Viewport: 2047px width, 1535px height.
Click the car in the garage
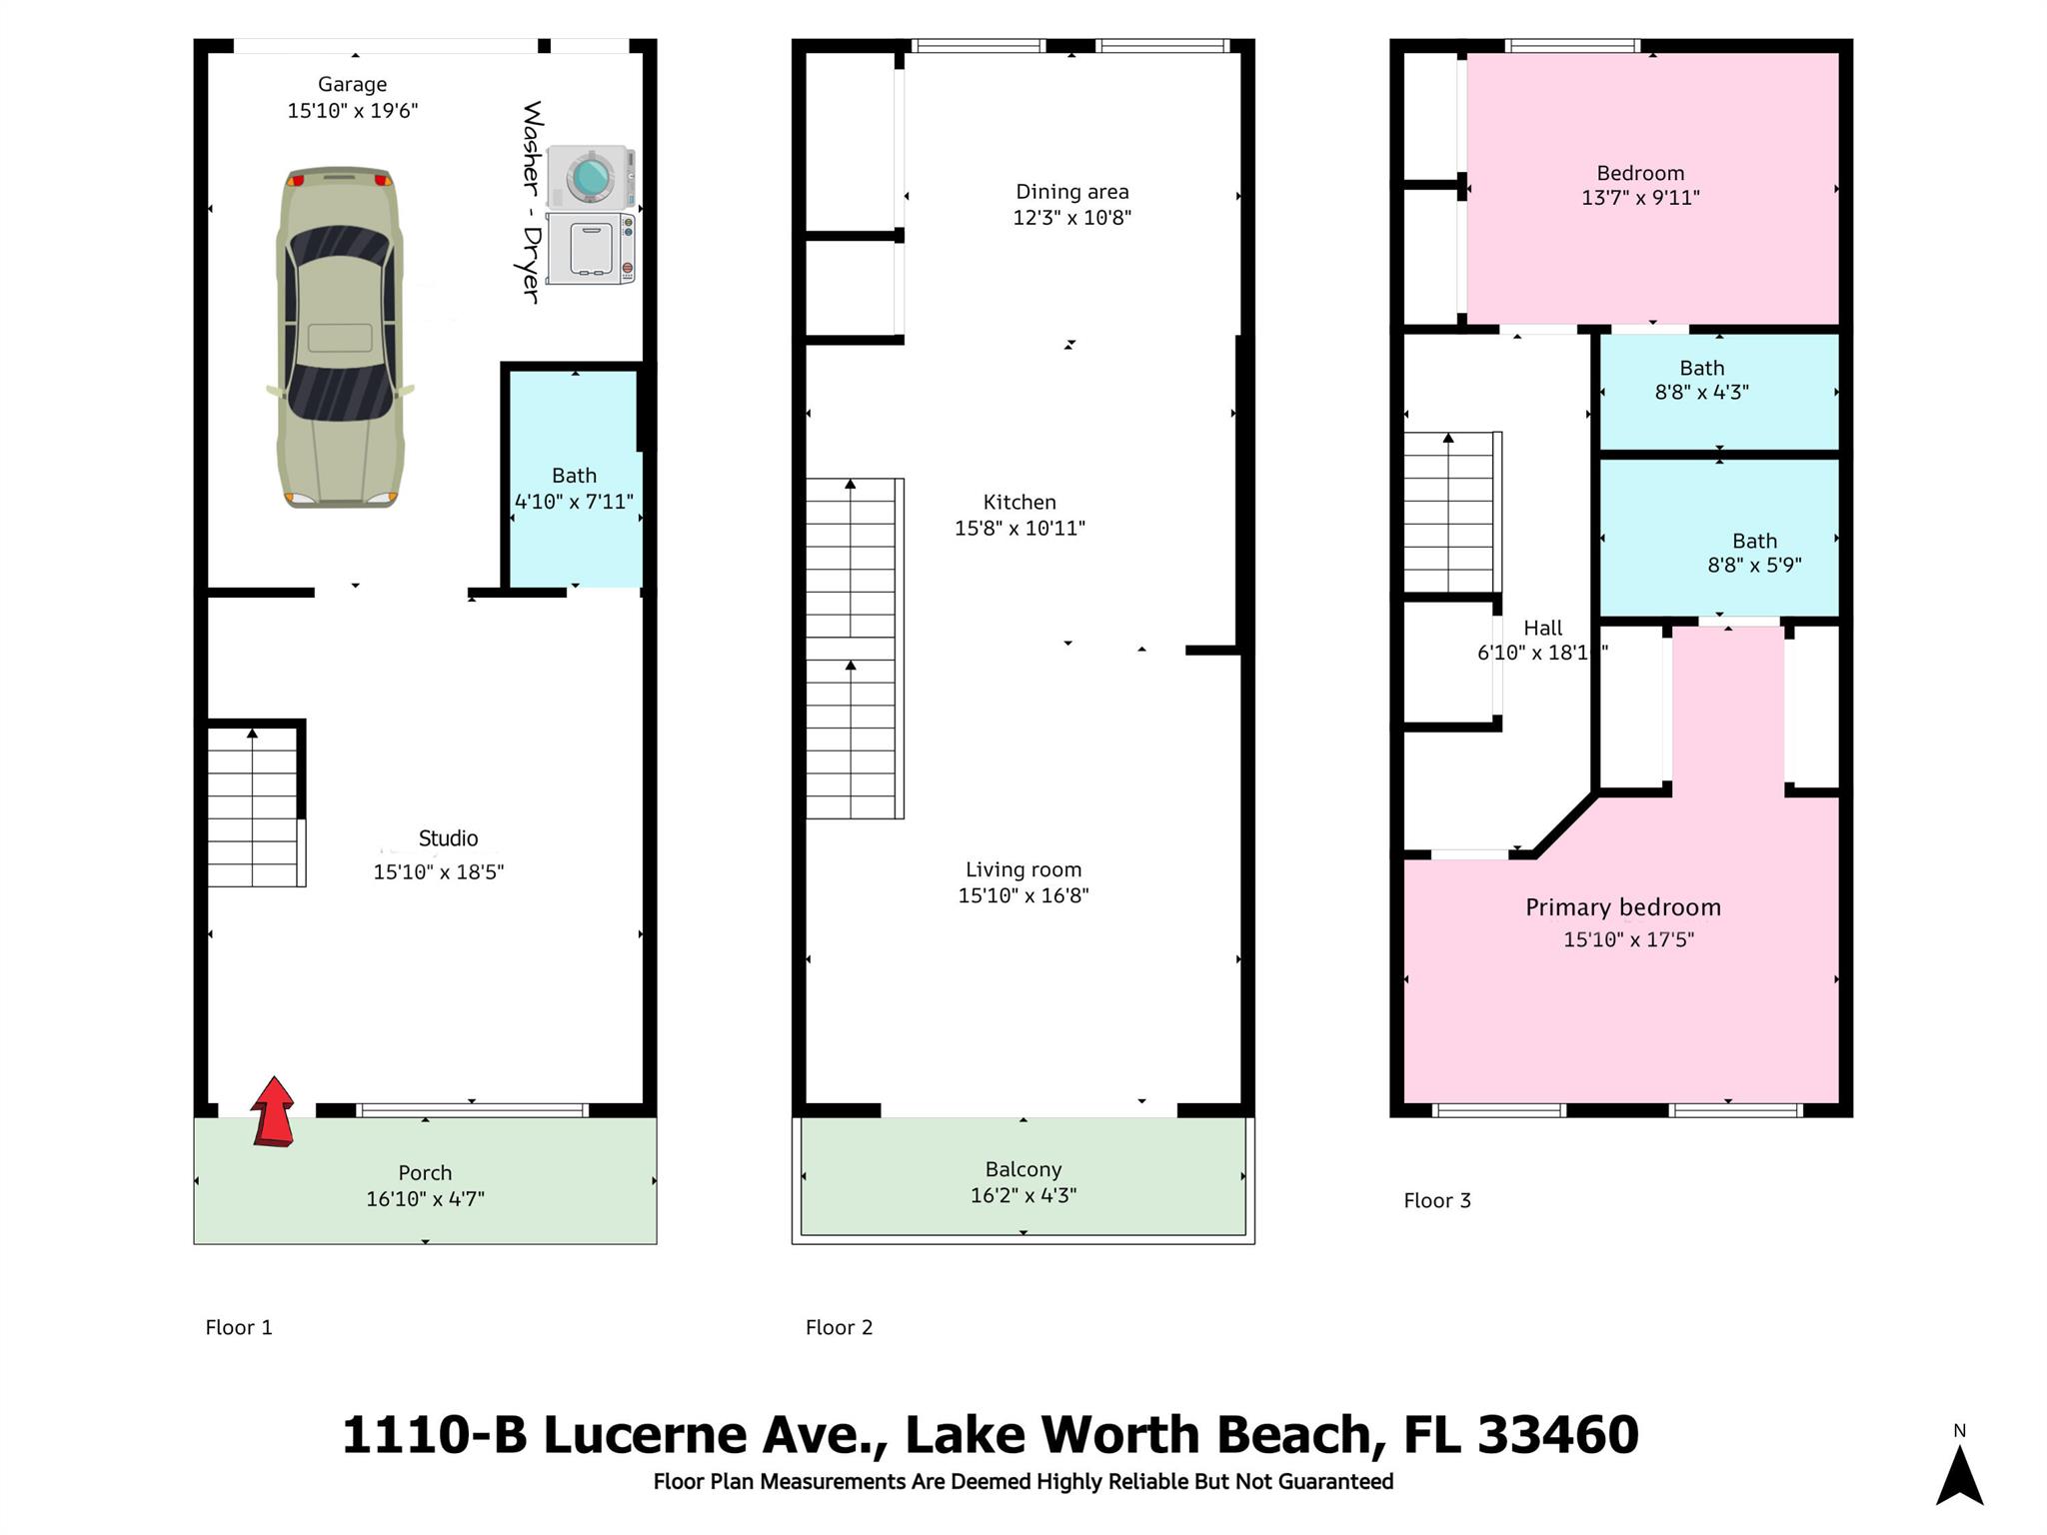coord(340,338)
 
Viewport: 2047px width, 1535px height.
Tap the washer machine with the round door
coord(591,177)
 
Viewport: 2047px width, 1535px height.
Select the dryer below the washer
coord(591,249)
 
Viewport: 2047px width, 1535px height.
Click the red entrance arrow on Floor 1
coord(273,1111)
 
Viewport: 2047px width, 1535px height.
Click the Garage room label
coord(352,85)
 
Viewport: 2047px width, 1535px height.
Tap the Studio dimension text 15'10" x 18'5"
coord(439,872)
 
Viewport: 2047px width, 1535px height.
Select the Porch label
coord(425,1172)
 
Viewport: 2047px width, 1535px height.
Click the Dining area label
coord(1072,192)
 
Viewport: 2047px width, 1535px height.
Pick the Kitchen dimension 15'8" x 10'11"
coord(1020,529)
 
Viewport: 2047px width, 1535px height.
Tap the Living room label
coord(1023,870)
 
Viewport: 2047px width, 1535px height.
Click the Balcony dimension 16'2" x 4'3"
coord(1023,1195)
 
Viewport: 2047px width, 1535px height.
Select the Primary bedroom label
coord(1623,907)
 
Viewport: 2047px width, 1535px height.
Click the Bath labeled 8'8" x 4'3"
coord(1702,381)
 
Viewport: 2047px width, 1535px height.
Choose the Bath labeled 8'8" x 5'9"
coord(1754,553)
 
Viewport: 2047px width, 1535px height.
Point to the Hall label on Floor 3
coord(1542,629)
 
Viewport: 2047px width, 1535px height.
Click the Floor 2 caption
coord(840,1327)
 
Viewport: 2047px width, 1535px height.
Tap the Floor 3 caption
coord(1437,1200)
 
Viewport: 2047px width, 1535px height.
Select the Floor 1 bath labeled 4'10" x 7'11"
coord(574,489)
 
